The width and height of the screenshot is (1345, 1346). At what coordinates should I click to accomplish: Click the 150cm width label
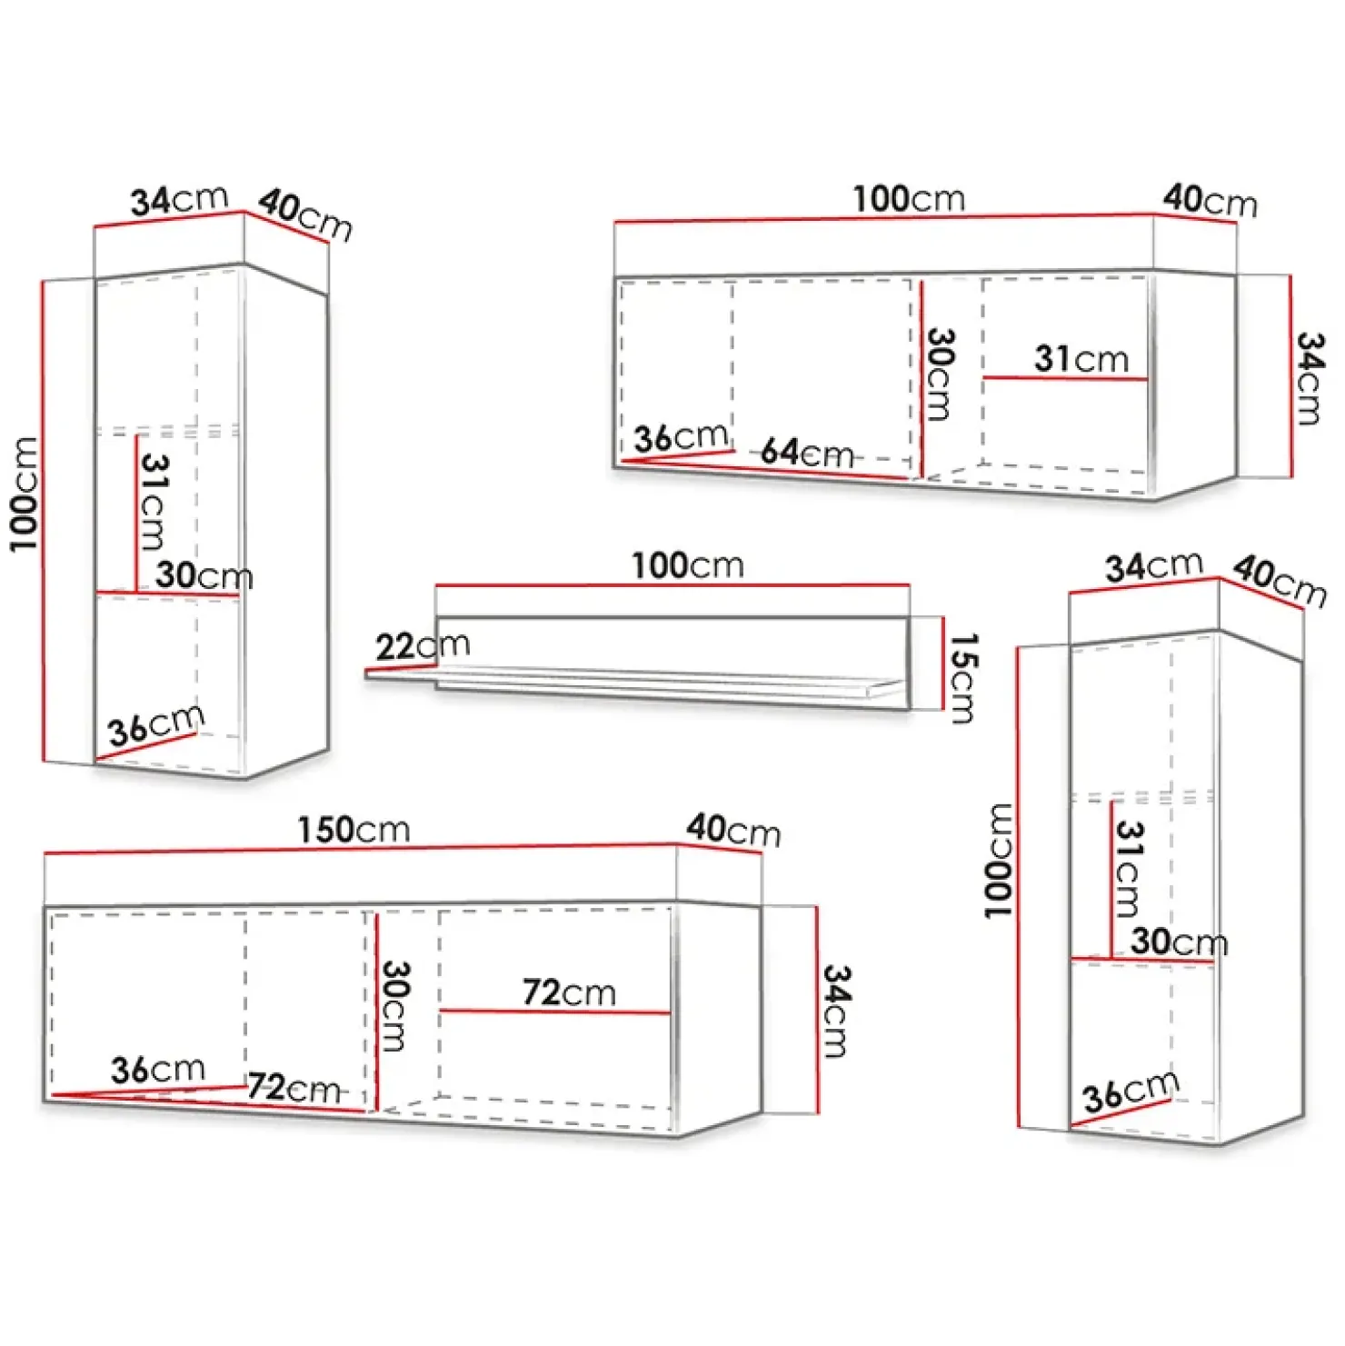pyautogui.click(x=354, y=830)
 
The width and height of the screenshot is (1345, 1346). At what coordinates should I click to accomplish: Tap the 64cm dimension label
pyautogui.click(x=807, y=452)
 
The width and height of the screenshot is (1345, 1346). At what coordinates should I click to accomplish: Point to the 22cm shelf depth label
pyautogui.click(x=423, y=646)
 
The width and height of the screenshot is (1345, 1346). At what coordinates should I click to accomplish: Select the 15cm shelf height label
pyautogui.click(x=962, y=678)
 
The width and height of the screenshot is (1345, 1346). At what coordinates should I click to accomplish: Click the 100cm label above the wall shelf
pyautogui.click(x=688, y=566)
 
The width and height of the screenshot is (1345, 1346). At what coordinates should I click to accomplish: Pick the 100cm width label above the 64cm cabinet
pyautogui.click(x=909, y=199)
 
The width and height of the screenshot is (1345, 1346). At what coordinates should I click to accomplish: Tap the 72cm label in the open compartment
pyautogui.click(x=569, y=992)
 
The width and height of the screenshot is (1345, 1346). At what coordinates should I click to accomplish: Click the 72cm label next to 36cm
pyautogui.click(x=294, y=1087)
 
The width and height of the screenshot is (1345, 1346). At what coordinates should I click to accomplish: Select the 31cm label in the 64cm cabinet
pyautogui.click(x=1081, y=359)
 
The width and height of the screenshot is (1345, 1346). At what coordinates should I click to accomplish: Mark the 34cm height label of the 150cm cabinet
pyautogui.click(x=836, y=1011)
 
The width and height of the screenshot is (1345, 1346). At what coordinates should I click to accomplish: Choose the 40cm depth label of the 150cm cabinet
pyautogui.click(x=733, y=831)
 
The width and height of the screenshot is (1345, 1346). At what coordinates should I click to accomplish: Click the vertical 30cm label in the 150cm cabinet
pyautogui.click(x=395, y=1006)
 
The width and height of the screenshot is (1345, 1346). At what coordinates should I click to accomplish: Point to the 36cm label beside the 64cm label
pyautogui.click(x=681, y=438)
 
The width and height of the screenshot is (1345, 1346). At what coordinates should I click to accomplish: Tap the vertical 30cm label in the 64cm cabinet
pyautogui.click(x=940, y=374)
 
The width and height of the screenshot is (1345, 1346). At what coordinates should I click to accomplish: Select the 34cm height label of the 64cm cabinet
pyautogui.click(x=1310, y=378)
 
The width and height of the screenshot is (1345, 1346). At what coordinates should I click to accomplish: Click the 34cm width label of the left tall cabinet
pyautogui.click(x=179, y=201)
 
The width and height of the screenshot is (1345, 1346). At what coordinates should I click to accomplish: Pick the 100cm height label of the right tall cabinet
pyautogui.click(x=999, y=860)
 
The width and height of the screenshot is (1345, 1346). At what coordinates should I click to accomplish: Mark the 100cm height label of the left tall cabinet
pyautogui.click(x=25, y=494)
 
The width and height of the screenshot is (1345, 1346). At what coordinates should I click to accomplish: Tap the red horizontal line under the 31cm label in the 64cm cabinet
pyautogui.click(x=1065, y=378)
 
